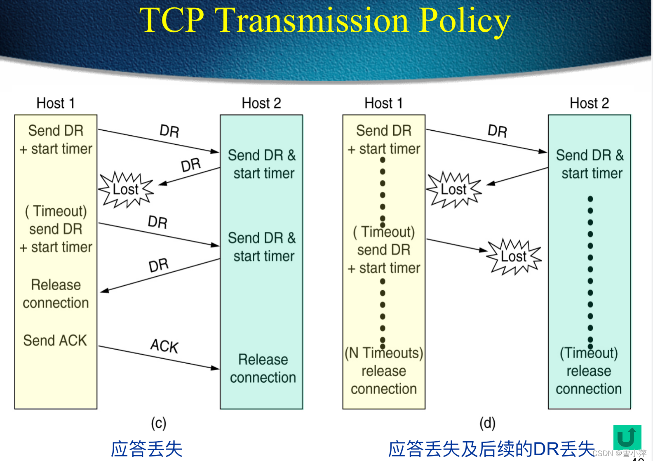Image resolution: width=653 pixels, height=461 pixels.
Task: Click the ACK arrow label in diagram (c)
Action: click(x=164, y=346)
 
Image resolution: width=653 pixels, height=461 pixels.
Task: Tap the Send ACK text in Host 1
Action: click(x=55, y=340)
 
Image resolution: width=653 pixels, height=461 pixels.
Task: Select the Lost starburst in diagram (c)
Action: click(x=126, y=189)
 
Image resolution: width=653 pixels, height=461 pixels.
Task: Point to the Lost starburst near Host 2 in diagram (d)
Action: click(x=514, y=256)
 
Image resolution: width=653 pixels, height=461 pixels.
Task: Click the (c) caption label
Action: click(x=158, y=423)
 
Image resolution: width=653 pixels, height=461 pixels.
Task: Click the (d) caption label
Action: click(x=487, y=423)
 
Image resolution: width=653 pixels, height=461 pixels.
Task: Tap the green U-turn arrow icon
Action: click(x=627, y=437)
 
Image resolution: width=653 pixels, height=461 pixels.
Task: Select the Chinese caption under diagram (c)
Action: click(x=146, y=449)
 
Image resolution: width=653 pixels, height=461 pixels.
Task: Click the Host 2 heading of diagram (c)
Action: click(x=261, y=103)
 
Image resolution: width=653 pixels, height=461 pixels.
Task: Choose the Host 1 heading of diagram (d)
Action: click(x=383, y=103)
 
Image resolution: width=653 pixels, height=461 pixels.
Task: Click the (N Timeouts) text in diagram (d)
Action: click(x=384, y=353)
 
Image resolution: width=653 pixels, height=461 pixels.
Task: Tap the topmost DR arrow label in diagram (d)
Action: click(x=497, y=131)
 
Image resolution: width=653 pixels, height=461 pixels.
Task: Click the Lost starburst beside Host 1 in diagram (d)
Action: click(x=454, y=189)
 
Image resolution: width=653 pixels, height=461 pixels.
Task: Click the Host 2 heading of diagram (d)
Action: click(x=589, y=103)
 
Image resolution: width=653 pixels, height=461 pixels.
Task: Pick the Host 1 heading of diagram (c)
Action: click(x=56, y=103)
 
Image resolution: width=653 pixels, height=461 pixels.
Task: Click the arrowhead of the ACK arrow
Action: click(x=216, y=368)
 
